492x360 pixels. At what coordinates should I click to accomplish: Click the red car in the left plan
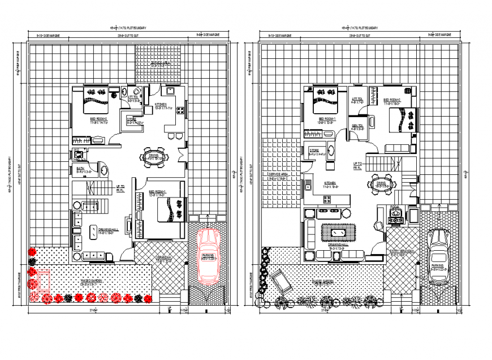coord(208,256)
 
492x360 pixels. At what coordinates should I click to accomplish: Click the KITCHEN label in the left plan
coord(161,105)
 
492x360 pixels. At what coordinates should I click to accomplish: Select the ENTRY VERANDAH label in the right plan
coord(400,251)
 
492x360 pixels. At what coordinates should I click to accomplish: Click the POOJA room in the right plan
coord(395,214)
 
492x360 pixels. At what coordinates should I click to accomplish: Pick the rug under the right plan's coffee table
coord(339,233)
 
